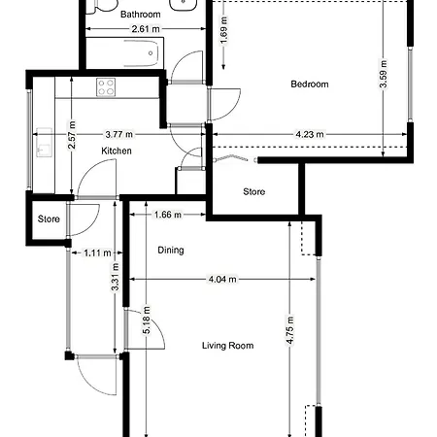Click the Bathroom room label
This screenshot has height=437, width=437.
point(140,15)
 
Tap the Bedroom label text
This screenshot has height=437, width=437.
point(310,84)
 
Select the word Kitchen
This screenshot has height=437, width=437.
point(117,151)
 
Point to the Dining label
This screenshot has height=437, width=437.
point(171,250)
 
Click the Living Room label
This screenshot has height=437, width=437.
point(227,346)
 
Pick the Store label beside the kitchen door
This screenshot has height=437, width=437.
point(49,219)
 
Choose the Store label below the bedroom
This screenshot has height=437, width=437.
point(253,191)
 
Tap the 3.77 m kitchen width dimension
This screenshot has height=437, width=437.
point(118,135)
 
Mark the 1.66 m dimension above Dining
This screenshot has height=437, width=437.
point(168,215)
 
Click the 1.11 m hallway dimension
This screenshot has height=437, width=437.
point(94,252)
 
